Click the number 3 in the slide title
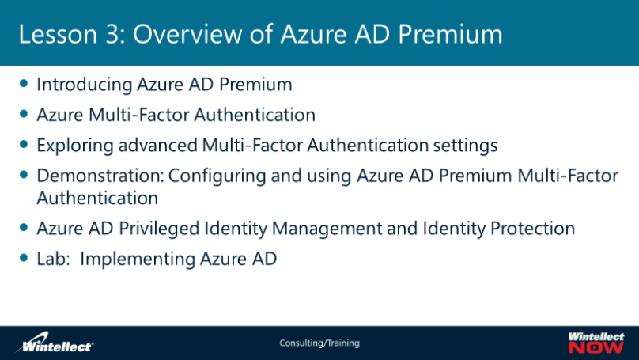[113, 34]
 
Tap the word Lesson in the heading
[59, 34]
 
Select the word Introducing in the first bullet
[85, 85]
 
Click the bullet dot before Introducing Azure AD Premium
[24, 84]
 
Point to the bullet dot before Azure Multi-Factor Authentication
[24, 114]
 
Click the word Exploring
[75, 146]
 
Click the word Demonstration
[100, 176]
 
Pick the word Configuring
[217, 176]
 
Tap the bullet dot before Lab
[24, 258]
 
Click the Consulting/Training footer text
[319, 343]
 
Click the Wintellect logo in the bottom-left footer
[54, 343]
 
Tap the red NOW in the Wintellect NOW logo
[596, 347]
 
